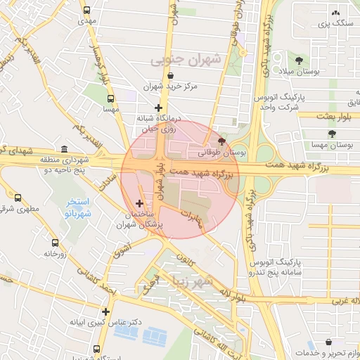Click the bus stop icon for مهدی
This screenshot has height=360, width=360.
point(86,11)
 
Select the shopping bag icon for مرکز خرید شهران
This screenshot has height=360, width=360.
point(171,76)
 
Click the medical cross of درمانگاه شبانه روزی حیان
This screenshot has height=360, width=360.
point(159,108)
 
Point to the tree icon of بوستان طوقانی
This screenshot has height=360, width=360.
point(223,141)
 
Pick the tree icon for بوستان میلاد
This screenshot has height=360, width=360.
point(300,60)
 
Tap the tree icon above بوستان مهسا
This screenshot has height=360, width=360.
point(331,133)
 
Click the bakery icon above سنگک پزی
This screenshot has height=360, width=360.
point(335,13)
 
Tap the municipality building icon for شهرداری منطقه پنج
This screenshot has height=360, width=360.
point(65,149)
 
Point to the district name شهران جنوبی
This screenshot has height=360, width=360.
point(186,60)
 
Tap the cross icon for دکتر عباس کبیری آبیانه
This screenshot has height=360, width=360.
point(105,311)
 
